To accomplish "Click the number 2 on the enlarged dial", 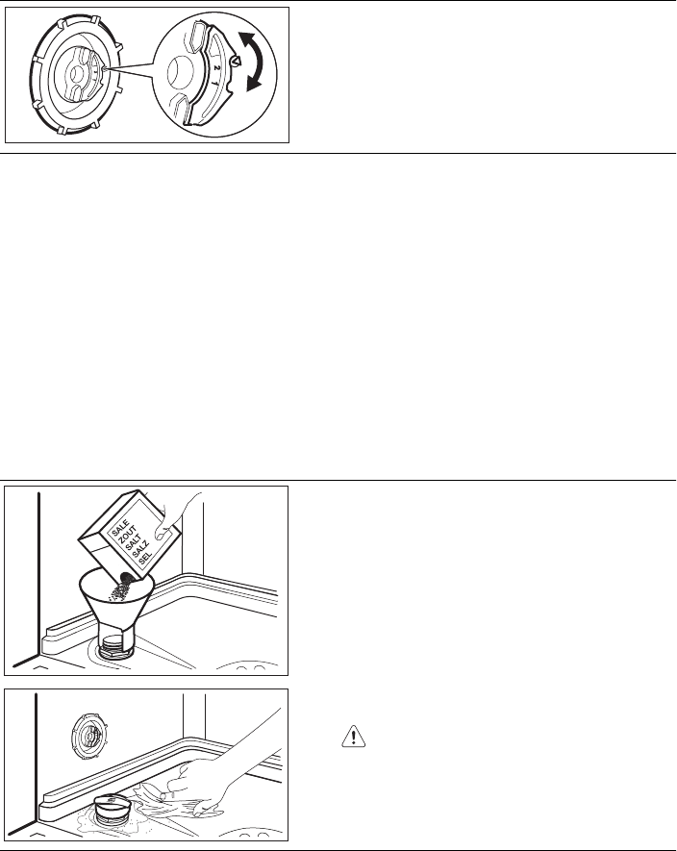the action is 216,68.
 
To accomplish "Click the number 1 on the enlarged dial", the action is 213,83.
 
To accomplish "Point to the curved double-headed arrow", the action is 251,61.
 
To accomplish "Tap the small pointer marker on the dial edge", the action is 234,62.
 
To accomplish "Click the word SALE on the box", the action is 120,528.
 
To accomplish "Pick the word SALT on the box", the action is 134,544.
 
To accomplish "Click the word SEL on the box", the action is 145,559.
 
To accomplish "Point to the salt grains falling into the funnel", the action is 120,588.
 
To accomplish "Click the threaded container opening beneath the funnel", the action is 115,647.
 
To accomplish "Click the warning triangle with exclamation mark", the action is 354,736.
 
